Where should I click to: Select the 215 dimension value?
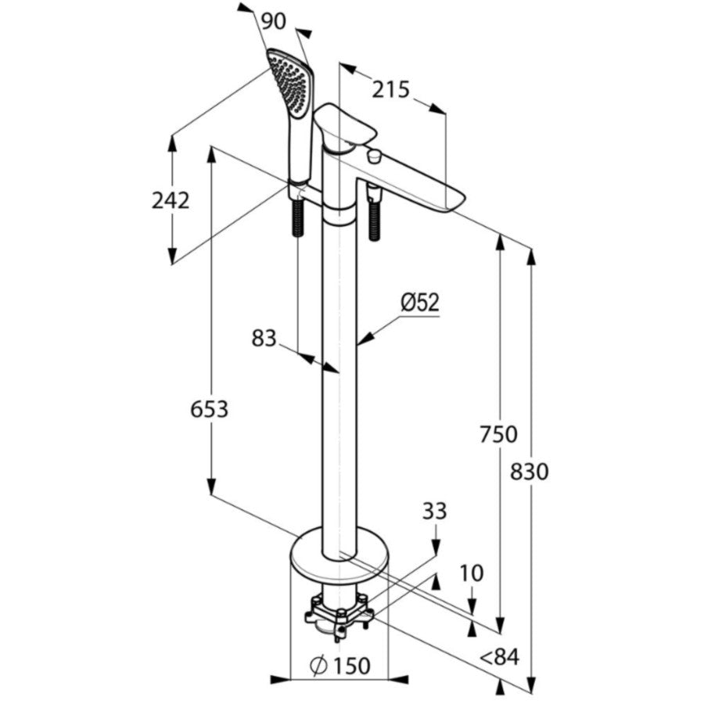[x=390, y=90]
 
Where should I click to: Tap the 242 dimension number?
[x=171, y=200]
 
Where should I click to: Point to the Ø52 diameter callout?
[x=420, y=303]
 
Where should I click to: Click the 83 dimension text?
[x=264, y=338]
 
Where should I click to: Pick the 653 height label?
[x=209, y=409]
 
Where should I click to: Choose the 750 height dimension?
[x=498, y=434]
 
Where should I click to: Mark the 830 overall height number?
[x=530, y=472]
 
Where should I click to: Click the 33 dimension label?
[x=434, y=511]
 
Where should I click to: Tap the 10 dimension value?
[x=472, y=573]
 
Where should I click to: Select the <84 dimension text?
[x=499, y=657]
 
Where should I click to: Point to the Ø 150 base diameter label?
[x=340, y=666]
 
